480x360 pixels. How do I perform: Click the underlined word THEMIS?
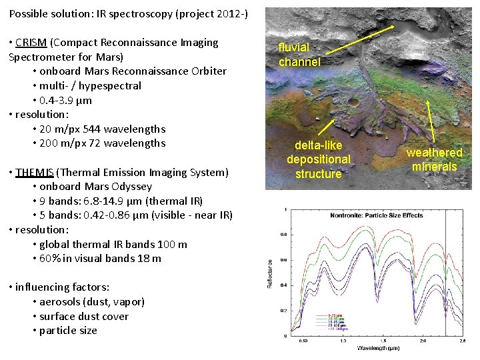pos(32,173)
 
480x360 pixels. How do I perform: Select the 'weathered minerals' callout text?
pos(435,160)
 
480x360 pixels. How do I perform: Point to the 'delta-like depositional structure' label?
pos(318,159)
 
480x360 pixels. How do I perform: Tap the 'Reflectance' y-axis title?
pos(270,273)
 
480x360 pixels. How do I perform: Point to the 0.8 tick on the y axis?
pos(283,235)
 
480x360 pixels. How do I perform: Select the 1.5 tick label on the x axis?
pos(382,340)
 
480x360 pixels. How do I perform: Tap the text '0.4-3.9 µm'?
pos(66,101)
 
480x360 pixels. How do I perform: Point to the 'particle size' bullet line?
pos(68,331)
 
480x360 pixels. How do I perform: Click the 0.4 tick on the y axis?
pos(283,285)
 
